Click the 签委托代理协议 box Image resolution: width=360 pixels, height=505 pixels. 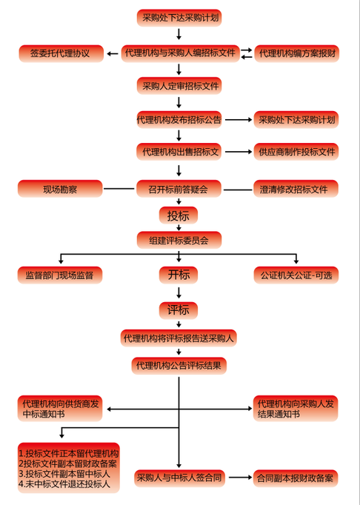pyautogui.click(x=61, y=53)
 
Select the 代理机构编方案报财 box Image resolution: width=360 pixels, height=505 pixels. pyautogui.click(x=297, y=53)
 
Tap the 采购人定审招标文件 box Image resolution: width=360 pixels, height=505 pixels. pyautogui.click(x=179, y=86)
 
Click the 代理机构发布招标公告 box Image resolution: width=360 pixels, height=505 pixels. pyautogui.click(x=179, y=120)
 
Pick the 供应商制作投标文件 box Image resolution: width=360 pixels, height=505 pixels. pyautogui.click(x=296, y=152)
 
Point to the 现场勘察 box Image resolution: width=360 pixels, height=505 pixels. pyautogui.click(x=60, y=189)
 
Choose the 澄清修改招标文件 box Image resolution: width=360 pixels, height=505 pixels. pyautogui.click(x=296, y=189)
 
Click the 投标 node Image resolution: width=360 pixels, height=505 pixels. pyautogui.click(x=179, y=215)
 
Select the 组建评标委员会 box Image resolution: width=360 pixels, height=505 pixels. pyautogui.click(x=179, y=240)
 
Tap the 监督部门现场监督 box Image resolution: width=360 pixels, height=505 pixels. pyautogui.click(x=60, y=275)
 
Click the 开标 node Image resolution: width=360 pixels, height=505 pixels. pyautogui.click(x=179, y=275)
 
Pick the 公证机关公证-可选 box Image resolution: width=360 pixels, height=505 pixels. pyautogui.click(x=296, y=275)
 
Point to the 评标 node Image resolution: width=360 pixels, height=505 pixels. pyautogui.click(x=179, y=310)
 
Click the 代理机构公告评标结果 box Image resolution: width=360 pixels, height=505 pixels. pyautogui.click(x=179, y=366)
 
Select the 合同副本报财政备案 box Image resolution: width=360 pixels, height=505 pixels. pyautogui.click(x=296, y=478)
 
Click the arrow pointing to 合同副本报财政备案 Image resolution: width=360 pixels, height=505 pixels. pyautogui.click(x=240, y=478)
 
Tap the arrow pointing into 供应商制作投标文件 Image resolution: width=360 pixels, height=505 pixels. pyautogui.click(x=239, y=152)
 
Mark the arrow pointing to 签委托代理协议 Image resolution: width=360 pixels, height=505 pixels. pyautogui.click(x=112, y=53)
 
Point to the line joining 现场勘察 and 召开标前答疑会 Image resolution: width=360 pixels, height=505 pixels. pyautogui.click(x=119, y=189)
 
